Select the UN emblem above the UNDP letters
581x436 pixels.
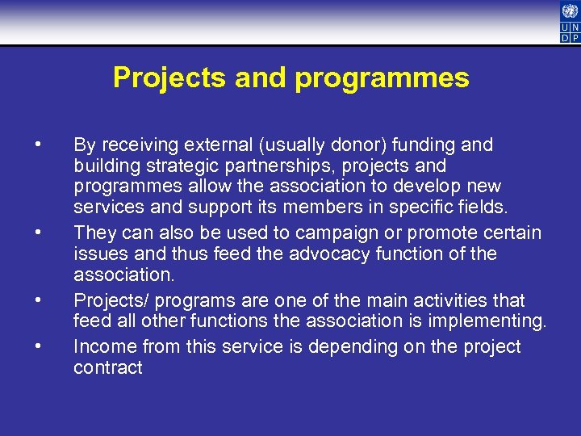pyautogui.click(x=570, y=10)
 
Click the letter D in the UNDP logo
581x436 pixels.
pyautogui.click(x=565, y=36)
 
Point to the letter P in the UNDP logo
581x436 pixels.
pyautogui.click(x=575, y=36)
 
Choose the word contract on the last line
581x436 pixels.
pyautogui.click(x=108, y=368)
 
